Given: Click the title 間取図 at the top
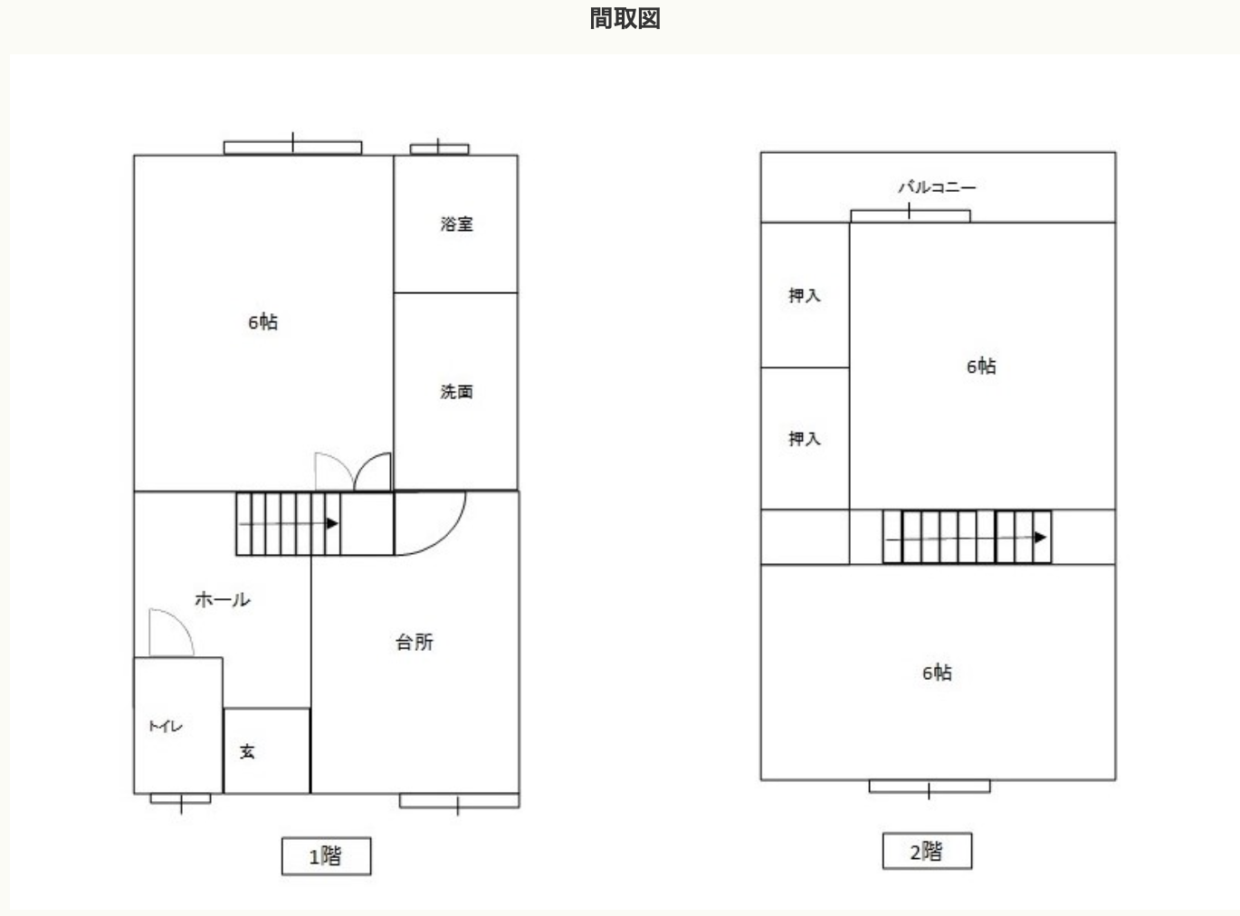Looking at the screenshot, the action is tap(625, 18).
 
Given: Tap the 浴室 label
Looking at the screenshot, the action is tap(457, 224).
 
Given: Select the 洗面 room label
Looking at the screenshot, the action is tap(457, 391).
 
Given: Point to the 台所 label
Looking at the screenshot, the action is tap(415, 642).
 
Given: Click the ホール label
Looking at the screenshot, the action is tap(223, 599).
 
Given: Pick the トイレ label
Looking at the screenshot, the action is tap(166, 726).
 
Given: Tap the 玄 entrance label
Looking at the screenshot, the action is tap(247, 751).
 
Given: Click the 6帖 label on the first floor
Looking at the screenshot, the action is tap(262, 322).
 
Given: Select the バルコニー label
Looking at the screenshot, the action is tap(937, 186).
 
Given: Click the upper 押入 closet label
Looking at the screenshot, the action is tap(805, 295).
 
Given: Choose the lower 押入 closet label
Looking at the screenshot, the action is tap(805, 438).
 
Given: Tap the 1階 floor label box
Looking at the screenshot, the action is tap(326, 855).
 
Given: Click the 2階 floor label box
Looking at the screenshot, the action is tap(927, 851).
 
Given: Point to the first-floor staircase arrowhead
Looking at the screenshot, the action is tap(332, 523).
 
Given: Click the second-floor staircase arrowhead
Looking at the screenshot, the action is tap(1040, 538).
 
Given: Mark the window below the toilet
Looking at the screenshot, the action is tap(181, 799).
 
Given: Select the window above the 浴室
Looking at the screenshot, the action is tap(439, 148).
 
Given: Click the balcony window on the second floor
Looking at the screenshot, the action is tap(911, 215).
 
